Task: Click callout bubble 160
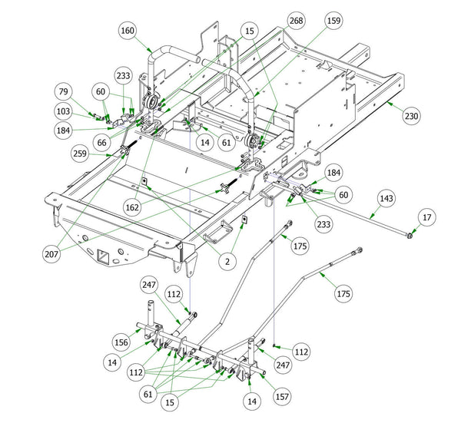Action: [x=128, y=30]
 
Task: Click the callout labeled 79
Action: [x=62, y=93]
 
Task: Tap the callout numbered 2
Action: [x=227, y=261]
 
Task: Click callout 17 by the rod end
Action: [x=426, y=218]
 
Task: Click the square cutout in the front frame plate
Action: [x=102, y=253]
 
